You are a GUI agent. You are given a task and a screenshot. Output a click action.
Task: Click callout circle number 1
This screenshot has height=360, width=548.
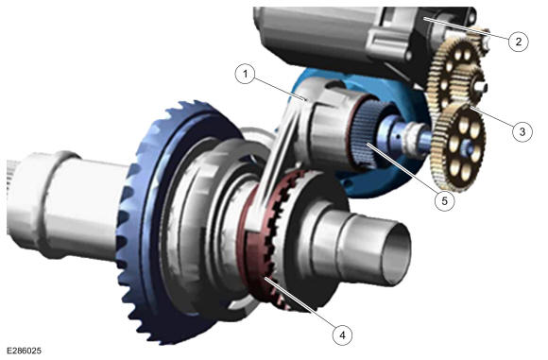pyautogui.click(x=246, y=74)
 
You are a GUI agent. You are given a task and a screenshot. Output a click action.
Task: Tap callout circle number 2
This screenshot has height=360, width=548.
pyautogui.click(x=518, y=42)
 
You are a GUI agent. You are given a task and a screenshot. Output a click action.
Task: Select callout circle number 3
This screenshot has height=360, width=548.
pyautogui.click(x=522, y=131)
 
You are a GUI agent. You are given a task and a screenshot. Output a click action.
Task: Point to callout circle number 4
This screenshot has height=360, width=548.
pyautogui.click(x=342, y=334)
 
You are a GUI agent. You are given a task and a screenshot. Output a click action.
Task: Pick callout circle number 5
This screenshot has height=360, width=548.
pyautogui.click(x=445, y=201)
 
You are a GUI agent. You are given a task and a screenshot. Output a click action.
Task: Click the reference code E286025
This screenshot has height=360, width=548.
pyautogui.click(x=25, y=351)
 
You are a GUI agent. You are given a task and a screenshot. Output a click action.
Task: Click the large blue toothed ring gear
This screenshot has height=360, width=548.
pyautogui.click(x=140, y=224)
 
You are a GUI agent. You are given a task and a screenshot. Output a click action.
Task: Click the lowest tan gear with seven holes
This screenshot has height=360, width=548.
pyautogui.click(x=458, y=146)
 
